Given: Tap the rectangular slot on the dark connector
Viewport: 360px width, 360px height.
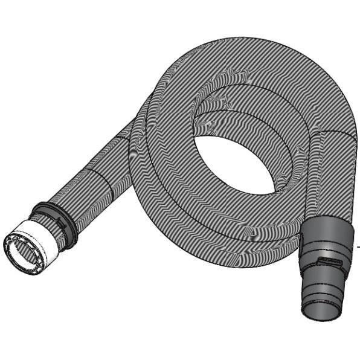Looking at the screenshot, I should (x=330, y=261).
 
